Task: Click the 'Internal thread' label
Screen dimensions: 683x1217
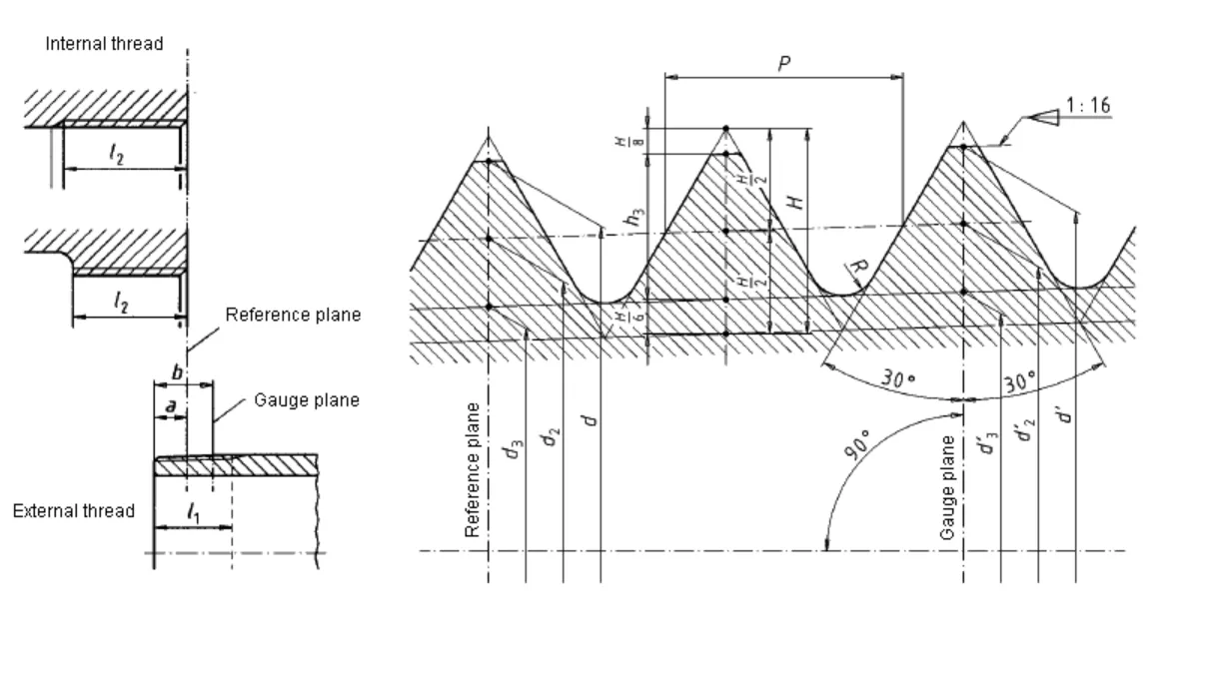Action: click(104, 44)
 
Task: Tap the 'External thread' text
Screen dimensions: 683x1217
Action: click(73, 511)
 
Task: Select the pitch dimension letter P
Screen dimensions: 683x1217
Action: click(784, 63)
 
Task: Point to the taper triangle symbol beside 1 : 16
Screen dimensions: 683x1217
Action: click(1043, 117)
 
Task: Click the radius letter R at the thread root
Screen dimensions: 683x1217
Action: click(856, 267)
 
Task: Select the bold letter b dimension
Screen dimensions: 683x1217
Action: click(177, 372)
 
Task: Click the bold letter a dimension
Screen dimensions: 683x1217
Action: click(170, 406)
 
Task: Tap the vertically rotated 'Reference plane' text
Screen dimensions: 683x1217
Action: click(474, 470)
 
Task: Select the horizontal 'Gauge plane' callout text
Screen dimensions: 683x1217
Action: click(307, 400)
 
